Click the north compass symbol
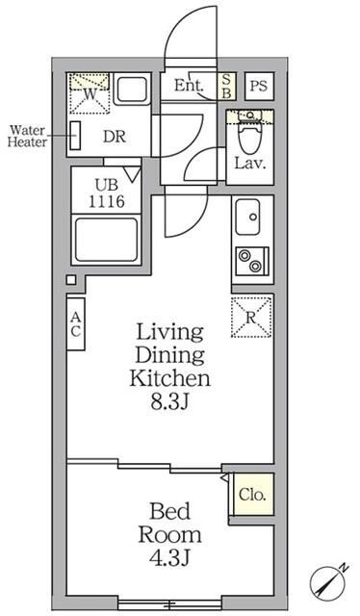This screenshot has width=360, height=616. click(x=327, y=583)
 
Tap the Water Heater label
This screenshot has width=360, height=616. click(x=28, y=136)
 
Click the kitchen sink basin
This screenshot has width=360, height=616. click(x=247, y=218)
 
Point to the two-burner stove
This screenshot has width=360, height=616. click(x=252, y=261)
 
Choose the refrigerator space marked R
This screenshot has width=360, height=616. click(x=251, y=317)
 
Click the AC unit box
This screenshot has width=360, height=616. click(x=75, y=324)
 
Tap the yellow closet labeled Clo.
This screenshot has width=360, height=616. click(x=253, y=494)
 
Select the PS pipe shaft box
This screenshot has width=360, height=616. click(x=259, y=86)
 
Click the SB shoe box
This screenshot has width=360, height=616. click(x=227, y=86)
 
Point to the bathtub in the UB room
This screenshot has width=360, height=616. click(x=107, y=240)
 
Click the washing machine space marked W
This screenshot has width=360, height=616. click(x=90, y=93)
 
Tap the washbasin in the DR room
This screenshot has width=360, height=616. click(x=133, y=90)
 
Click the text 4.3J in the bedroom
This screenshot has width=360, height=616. click(x=170, y=558)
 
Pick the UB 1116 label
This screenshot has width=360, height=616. click(x=107, y=193)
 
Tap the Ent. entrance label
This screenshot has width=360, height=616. click(x=189, y=86)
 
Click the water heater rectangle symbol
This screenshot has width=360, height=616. click(x=75, y=136)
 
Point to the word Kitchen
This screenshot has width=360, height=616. click(x=169, y=378)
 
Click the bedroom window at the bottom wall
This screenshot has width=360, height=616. click(x=169, y=604)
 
